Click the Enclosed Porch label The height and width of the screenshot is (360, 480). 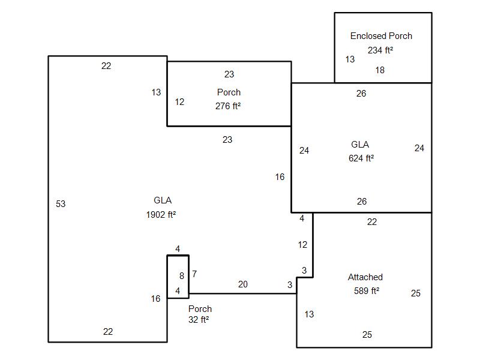click(x=381, y=36)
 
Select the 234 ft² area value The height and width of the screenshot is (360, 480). click(x=380, y=50)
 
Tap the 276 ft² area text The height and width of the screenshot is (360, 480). click(x=228, y=106)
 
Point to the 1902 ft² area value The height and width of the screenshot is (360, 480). click(x=161, y=215)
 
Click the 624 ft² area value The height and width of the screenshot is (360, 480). click(x=361, y=158)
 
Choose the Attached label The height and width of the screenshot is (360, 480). click(x=365, y=277)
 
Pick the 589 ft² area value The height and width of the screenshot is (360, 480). click(x=367, y=290)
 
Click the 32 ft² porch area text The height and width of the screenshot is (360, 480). click(x=199, y=320)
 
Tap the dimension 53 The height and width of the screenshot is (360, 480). click(x=61, y=204)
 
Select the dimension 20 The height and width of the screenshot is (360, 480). click(x=243, y=284)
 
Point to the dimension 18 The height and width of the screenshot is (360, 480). click(x=380, y=70)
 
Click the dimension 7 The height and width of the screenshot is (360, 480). click(x=194, y=274)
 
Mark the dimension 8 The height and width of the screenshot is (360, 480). click(x=182, y=276)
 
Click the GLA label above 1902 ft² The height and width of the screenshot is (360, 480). click(x=163, y=200)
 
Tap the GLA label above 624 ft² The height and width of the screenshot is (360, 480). click(x=360, y=145)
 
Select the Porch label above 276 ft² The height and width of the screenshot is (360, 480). click(x=229, y=92)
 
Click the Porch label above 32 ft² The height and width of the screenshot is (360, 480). click(x=200, y=308)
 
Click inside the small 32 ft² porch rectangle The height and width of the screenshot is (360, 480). click(x=178, y=277)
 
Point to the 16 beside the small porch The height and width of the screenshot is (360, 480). click(x=155, y=298)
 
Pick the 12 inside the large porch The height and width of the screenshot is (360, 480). click(x=179, y=102)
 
